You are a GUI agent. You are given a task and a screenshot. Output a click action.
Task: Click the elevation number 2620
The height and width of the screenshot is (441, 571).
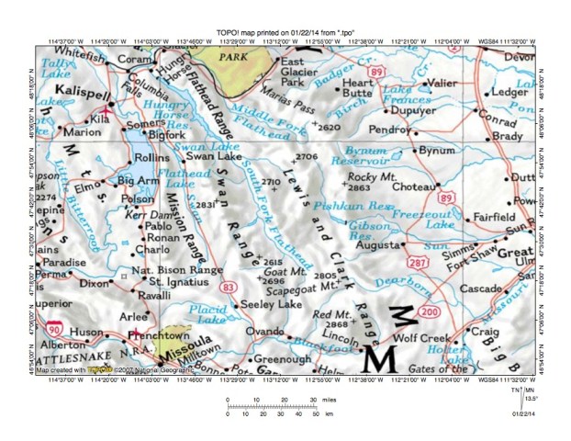tap(328, 127)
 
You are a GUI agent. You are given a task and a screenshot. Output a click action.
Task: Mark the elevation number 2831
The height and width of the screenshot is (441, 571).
tap(203, 203)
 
